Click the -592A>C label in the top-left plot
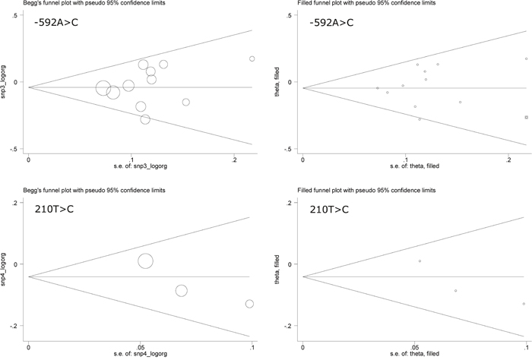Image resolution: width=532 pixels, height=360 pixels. click(x=56, y=23)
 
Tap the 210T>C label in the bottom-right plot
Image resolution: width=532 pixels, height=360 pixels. click(x=329, y=210)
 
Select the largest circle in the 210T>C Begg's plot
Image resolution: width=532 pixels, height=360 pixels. click(x=146, y=261)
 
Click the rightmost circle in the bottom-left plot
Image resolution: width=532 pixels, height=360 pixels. click(x=249, y=304)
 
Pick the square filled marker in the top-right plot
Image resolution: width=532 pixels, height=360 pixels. click(x=526, y=117)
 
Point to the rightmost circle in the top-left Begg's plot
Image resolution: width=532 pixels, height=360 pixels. click(x=252, y=58)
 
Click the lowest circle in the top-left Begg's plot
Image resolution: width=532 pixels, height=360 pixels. click(x=145, y=119)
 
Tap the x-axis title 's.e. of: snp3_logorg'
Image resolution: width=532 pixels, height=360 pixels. click(x=141, y=166)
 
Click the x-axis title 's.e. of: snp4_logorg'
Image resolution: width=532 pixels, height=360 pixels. click(x=141, y=354)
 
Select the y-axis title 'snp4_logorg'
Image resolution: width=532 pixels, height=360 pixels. click(x=3, y=269)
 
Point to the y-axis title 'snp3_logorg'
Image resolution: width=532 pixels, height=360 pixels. click(x=3, y=82)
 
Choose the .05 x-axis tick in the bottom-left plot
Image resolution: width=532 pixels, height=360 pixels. click(x=140, y=347)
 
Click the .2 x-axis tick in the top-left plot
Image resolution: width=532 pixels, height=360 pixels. click(x=234, y=160)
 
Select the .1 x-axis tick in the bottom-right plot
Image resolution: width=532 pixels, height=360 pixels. click(x=526, y=347)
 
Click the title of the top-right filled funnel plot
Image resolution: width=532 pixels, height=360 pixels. click(x=366, y=3)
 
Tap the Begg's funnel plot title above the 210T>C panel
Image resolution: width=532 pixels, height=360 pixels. click(x=94, y=190)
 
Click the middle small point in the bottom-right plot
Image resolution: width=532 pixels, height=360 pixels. click(x=456, y=291)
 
